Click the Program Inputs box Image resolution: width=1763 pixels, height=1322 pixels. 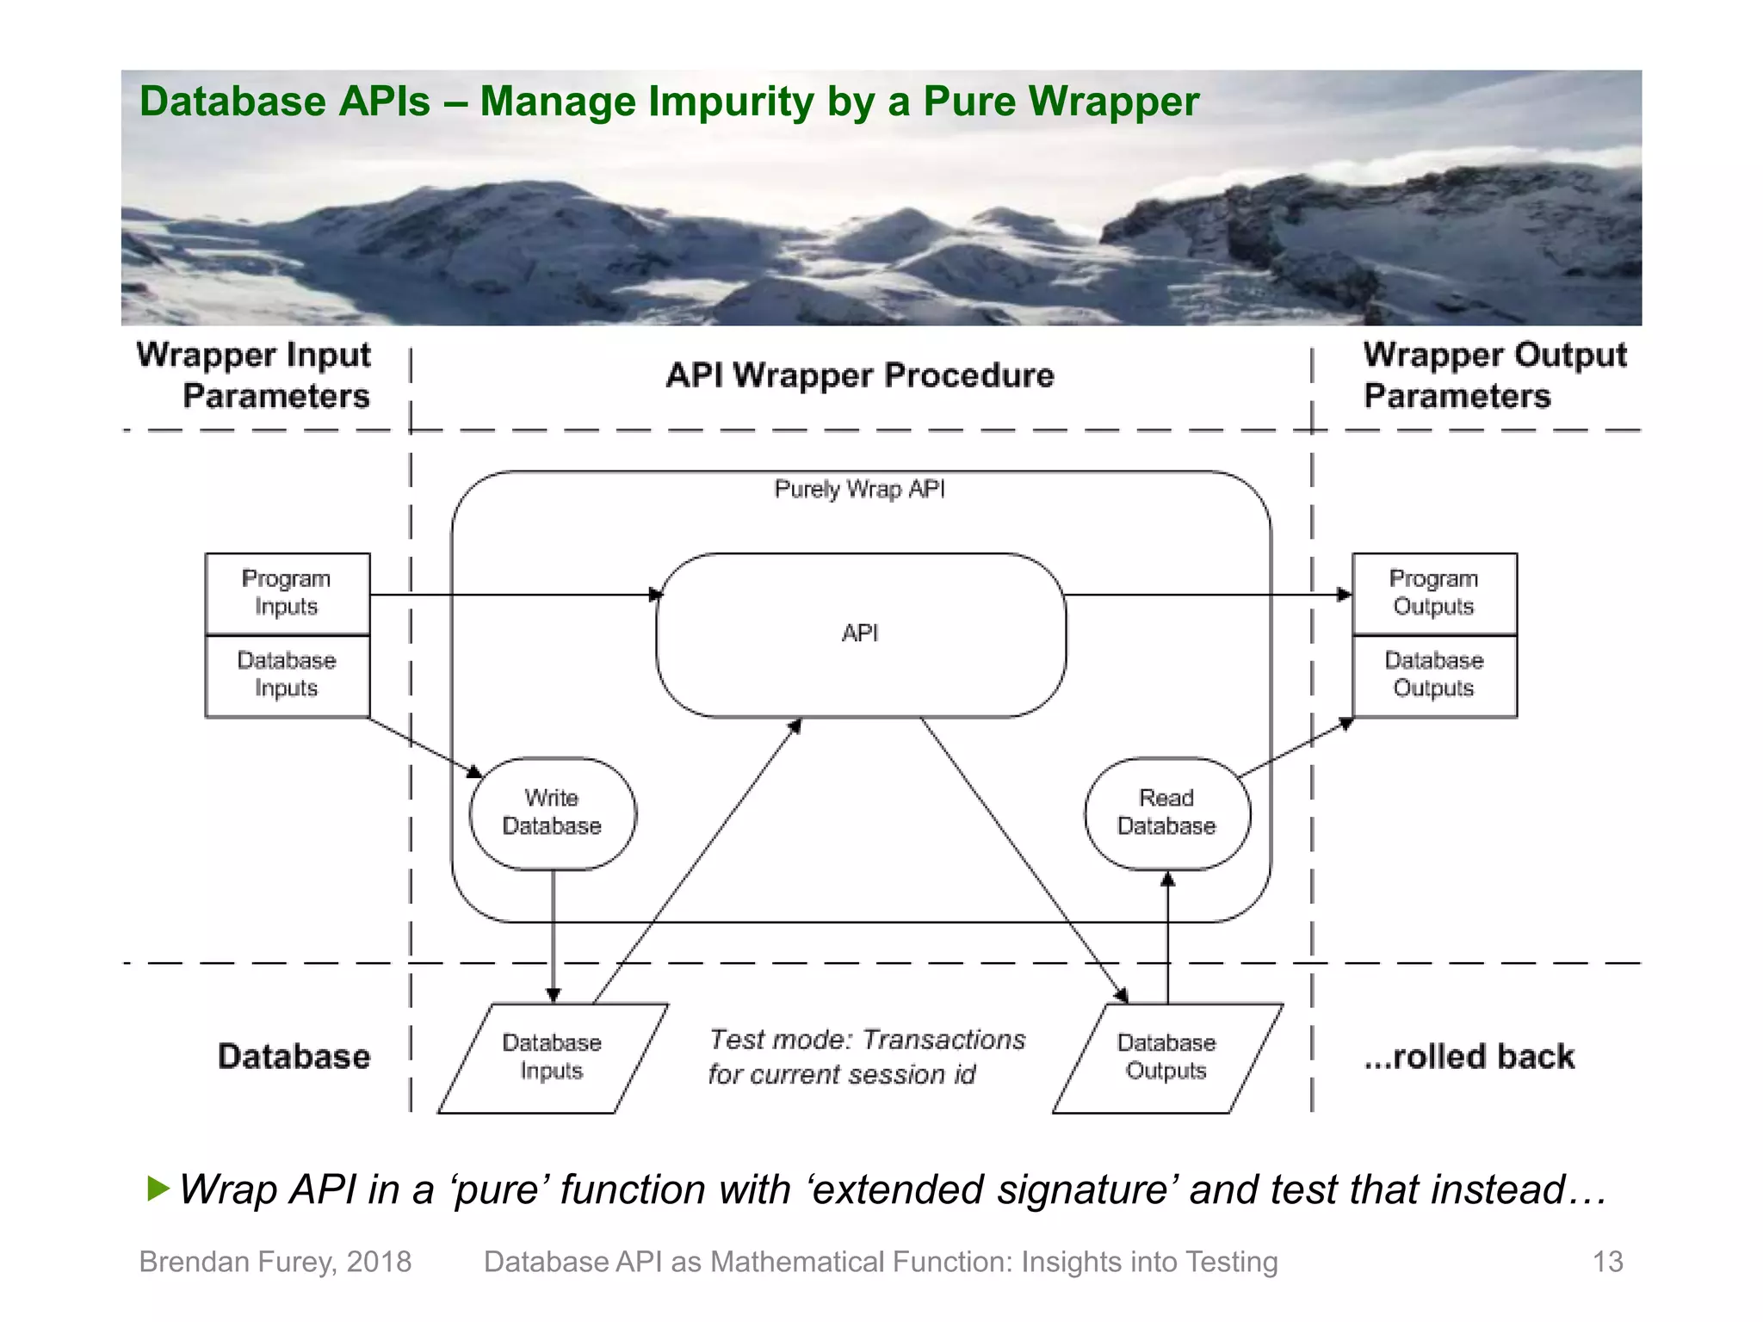click(x=288, y=593)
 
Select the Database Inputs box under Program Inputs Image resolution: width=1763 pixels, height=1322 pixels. click(x=288, y=675)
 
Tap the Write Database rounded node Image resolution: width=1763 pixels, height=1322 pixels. click(x=553, y=812)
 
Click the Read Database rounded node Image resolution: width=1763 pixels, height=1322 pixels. click(x=1166, y=812)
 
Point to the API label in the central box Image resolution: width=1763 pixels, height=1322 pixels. click(x=860, y=633)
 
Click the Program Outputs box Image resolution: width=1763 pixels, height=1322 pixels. click(x=1434, y=593)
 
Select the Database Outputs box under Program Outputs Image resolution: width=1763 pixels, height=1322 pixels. click(x=1434, y=675)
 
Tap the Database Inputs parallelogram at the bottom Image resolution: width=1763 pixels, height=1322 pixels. click(x=553, y=1057)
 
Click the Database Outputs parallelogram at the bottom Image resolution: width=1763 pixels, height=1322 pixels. click(x=1166, y=1057)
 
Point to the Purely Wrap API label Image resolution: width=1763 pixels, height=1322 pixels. click(x=860, y=490)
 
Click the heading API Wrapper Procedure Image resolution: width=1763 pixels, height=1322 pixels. click(x=860, y=376)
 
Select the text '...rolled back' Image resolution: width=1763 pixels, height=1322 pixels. click(x=1469, y=1057)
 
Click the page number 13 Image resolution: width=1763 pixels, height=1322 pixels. click(x=1607, y=1262)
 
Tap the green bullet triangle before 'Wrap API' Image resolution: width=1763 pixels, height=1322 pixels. click(x=158, y=1189)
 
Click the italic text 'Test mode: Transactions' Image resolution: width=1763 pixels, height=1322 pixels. click(x=867, y=1040)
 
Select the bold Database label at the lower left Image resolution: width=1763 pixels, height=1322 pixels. click(x=294, y=1057)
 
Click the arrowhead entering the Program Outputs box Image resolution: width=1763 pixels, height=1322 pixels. click(x=1345, y=595)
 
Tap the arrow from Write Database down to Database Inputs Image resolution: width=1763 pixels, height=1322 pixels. click(x=554, y=938)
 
